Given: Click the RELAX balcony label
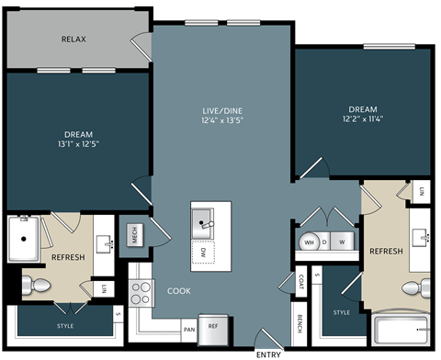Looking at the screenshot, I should pos(74,39).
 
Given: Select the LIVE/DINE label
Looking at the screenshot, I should pos(220,111).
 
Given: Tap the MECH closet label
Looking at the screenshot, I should pos(133,235).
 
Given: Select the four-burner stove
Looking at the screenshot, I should pos(141,293).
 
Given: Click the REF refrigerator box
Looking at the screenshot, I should pos(212,326).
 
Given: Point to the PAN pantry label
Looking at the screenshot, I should pos(188,328).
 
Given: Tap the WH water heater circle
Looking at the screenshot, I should pos(309,242).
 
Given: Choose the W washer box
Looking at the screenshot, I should pos(342,242).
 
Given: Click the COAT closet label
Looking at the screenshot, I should pos(301,281).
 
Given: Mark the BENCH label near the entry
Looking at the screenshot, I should pos(301,324).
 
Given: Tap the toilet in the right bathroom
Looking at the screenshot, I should pos(416,290).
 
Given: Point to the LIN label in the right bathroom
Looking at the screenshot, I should pos(422,191).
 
